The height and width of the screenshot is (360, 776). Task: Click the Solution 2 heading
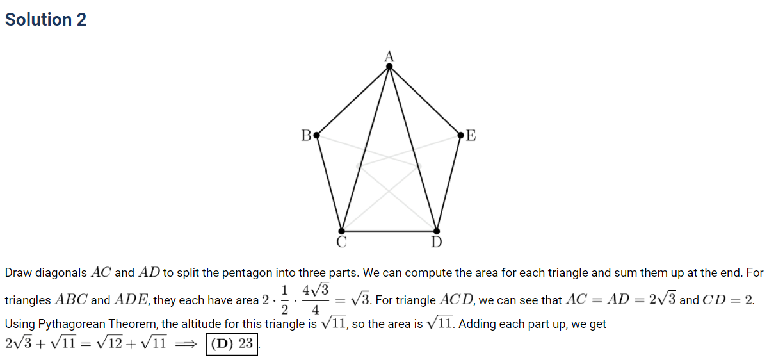(45, 19)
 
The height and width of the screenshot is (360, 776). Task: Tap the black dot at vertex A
(389, 67)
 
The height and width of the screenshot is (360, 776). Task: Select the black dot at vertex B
(317, 135)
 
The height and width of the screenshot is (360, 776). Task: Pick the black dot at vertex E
(460, 135)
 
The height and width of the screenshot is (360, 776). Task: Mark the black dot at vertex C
(341, 231)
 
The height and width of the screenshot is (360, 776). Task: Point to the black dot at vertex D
(437, 231)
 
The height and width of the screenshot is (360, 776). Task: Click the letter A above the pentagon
(389, 56)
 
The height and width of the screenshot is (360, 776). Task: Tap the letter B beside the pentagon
(306, 135)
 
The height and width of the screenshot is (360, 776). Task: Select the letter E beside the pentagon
(471, 135)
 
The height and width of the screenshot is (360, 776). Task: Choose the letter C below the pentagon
(341, 242)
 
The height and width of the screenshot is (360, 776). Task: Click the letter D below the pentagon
(437, 242)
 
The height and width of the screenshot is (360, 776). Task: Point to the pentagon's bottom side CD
(389, 231)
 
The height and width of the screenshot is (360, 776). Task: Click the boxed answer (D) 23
(232, 344)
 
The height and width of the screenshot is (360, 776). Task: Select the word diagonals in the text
(61, 273)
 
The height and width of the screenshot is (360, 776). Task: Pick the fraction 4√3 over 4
(315, 299)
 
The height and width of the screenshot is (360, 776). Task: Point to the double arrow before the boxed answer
(186, 344)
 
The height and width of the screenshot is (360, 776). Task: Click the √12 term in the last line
(109, 343)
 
